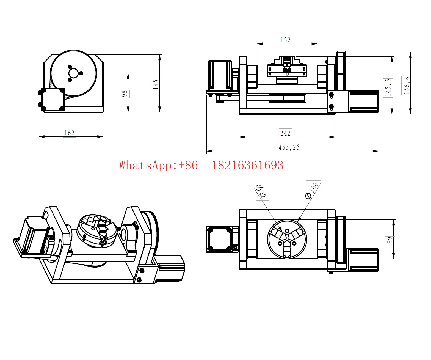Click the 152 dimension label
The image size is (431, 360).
pos(286,40)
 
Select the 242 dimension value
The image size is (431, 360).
pos(286,133)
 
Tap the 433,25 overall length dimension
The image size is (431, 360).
pos(289,147)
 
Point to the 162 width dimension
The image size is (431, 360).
pos(69,133)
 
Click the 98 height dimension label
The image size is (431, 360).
pos(124,94)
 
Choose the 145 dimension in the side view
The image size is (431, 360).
pos(156,85)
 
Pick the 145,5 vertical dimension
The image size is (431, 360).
pos(388,88)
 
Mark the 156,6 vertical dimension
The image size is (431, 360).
pos(407,86)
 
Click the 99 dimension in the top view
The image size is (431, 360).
pos(389,240)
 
